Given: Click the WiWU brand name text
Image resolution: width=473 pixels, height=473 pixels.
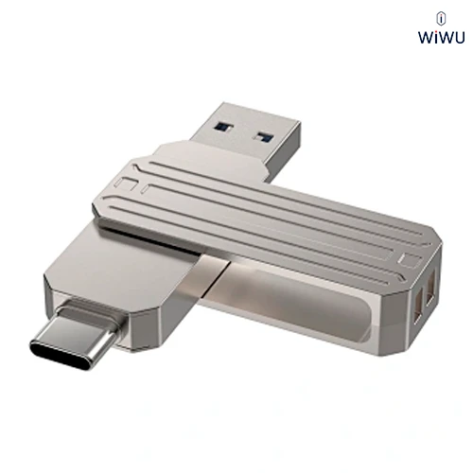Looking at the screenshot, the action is (441, 37).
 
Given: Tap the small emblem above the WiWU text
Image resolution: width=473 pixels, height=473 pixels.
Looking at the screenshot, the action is (441, 18).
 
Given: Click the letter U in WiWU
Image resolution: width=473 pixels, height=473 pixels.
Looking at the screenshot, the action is (459, 37).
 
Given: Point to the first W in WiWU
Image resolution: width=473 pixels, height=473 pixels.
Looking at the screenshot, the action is (426, 37).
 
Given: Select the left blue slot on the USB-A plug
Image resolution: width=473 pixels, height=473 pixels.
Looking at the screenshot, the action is (223, 127).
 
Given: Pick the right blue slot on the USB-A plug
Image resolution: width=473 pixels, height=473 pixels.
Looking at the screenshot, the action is (264, 137).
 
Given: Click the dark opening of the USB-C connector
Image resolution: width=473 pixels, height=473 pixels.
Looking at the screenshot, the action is (60, 355).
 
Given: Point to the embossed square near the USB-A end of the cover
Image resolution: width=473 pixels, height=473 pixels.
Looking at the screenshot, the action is (125, 184).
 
